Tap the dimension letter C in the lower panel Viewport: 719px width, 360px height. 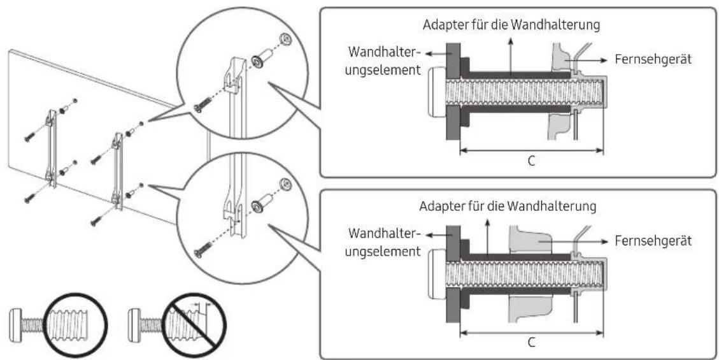(532, 342)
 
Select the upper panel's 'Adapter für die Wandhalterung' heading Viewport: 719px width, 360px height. (511, 25)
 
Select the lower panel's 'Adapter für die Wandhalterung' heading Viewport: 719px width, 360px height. (508, 206)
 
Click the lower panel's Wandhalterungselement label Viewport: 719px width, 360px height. (385, 242)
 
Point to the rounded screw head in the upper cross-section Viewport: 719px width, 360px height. (436, 91)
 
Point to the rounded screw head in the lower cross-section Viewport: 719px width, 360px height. (436, 273)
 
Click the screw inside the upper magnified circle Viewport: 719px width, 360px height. (203, 104)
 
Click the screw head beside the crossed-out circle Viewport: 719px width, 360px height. (134, 323)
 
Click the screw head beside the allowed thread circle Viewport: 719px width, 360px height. (16, 324)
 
